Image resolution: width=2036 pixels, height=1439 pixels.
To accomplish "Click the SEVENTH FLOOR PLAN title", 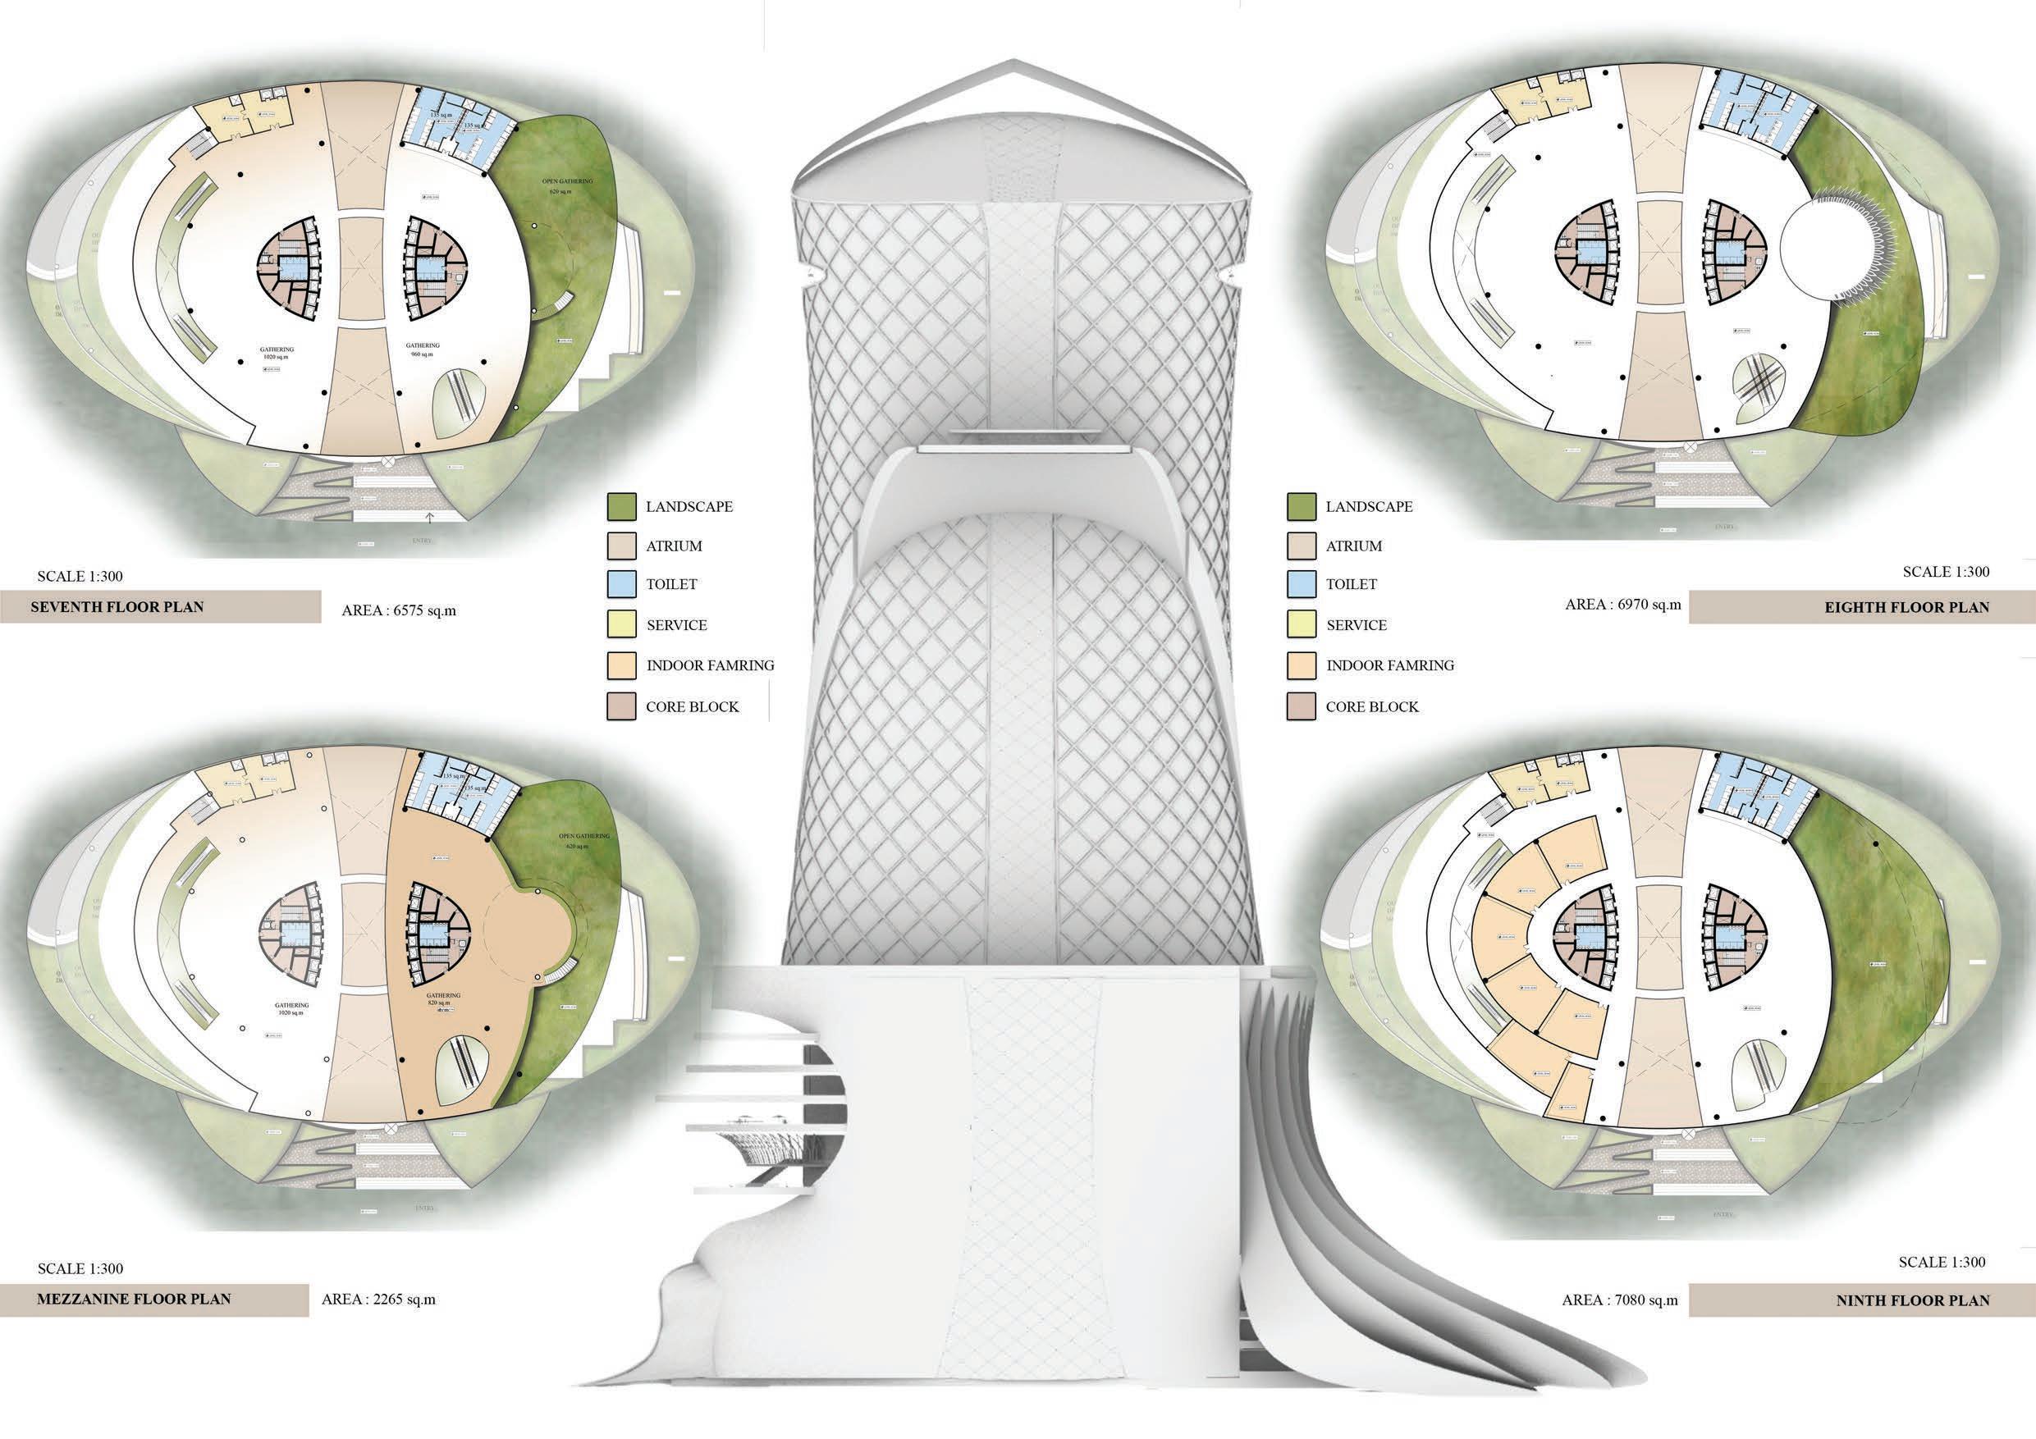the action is [117, 607].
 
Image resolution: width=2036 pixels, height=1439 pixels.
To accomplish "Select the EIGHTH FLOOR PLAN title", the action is [1906, 607].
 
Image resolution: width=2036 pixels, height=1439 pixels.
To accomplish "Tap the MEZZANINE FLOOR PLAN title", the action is [133, 1300].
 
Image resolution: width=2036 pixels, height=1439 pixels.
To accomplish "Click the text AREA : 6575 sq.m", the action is [399, 611].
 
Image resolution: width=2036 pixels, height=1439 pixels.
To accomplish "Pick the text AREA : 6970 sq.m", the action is [1622, 605].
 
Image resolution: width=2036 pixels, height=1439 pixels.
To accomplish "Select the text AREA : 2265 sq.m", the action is [378, 1300].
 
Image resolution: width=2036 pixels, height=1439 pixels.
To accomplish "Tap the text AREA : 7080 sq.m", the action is [1620, 1300].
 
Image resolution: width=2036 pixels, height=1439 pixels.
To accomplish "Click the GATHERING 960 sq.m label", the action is [423, 349].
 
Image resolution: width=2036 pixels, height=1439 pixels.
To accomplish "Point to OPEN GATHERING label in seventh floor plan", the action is [568, 185].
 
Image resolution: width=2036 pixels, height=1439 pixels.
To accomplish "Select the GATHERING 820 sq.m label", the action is [443, 1002].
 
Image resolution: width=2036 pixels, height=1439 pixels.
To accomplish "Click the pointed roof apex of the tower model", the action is [1017, 62].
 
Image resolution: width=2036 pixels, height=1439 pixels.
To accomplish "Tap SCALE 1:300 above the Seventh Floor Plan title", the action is [80, 576].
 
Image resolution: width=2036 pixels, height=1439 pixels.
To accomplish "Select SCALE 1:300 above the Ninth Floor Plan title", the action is [1941, 1262].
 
